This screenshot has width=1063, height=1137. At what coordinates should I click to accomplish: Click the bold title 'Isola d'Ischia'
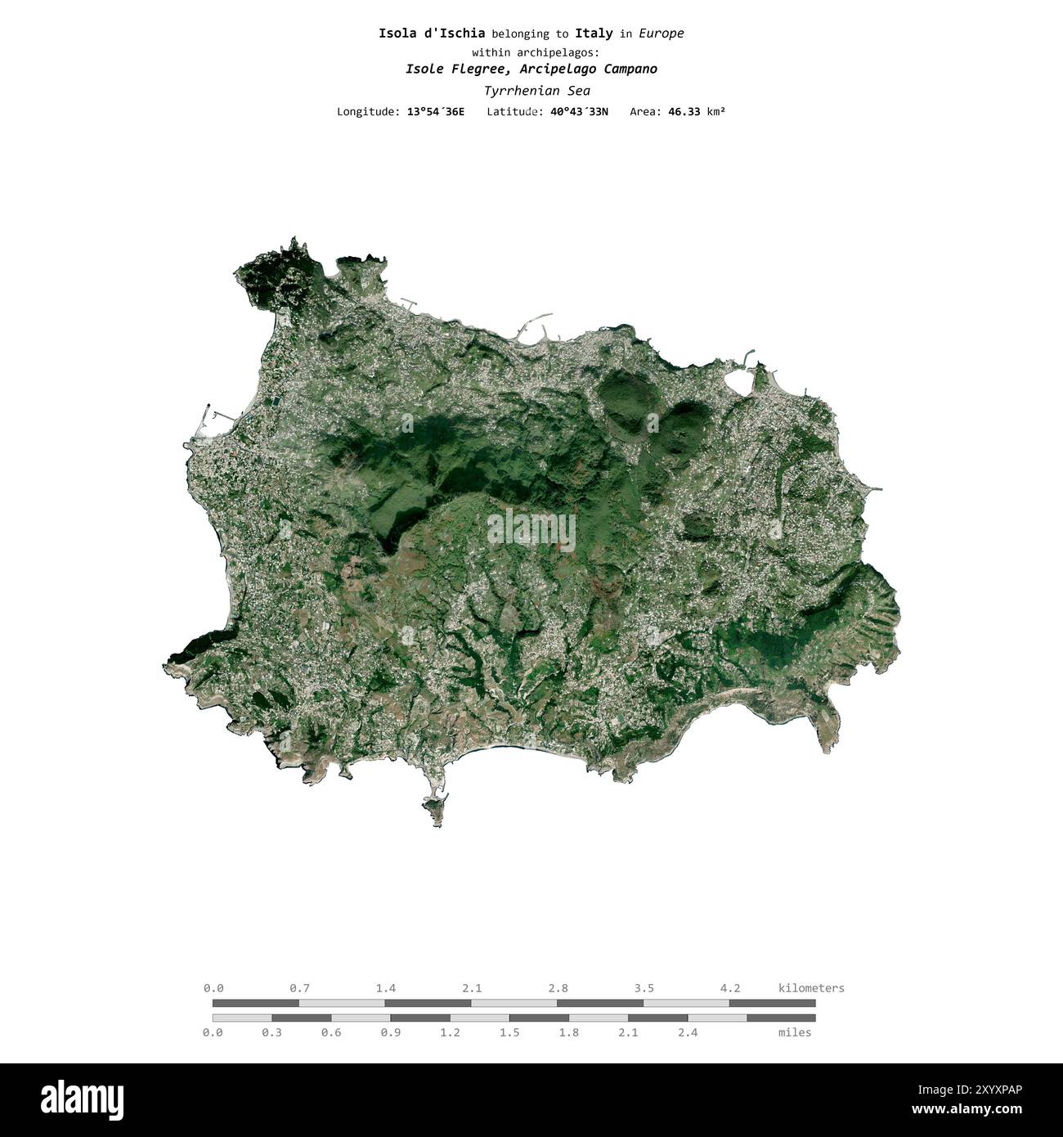[x=432, y=34]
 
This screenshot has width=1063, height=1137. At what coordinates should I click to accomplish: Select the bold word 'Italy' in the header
[x=594, y=34]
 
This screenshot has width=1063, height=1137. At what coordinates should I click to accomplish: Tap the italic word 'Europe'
[x=662, y=34]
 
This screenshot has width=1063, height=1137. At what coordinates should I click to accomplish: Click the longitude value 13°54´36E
[x=435, y=111]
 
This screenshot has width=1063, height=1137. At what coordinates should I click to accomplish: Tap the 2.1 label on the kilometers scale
[x=471, y=988]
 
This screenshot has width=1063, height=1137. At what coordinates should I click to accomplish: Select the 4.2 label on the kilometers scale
[x=729, y=988]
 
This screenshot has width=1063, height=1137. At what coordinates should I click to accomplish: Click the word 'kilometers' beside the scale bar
[x=811, y=988]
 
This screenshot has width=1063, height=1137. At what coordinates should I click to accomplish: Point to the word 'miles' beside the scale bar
[x=795, y=1032]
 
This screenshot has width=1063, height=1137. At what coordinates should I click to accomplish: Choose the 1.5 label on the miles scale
[x=509, y=1032]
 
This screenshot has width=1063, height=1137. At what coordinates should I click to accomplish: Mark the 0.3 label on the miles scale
[x=271, y=1032]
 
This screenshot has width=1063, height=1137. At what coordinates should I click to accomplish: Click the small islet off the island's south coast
[x=433, y=809]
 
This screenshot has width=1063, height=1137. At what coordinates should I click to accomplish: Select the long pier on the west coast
[x=204, y=421]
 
